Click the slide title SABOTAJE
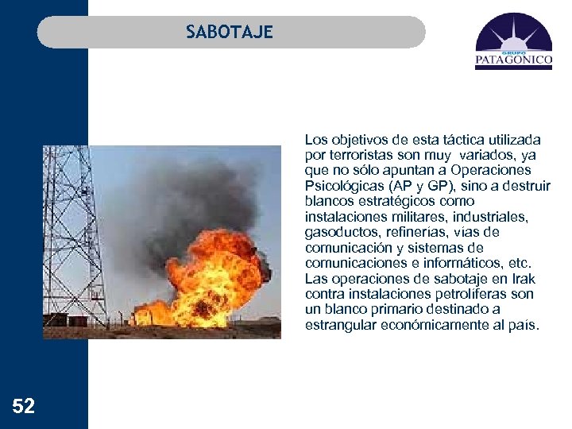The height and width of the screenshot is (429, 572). tap(230, 32)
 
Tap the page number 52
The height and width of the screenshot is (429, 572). tap(24, 408)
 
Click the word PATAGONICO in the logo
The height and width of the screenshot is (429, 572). tap(513, 58)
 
